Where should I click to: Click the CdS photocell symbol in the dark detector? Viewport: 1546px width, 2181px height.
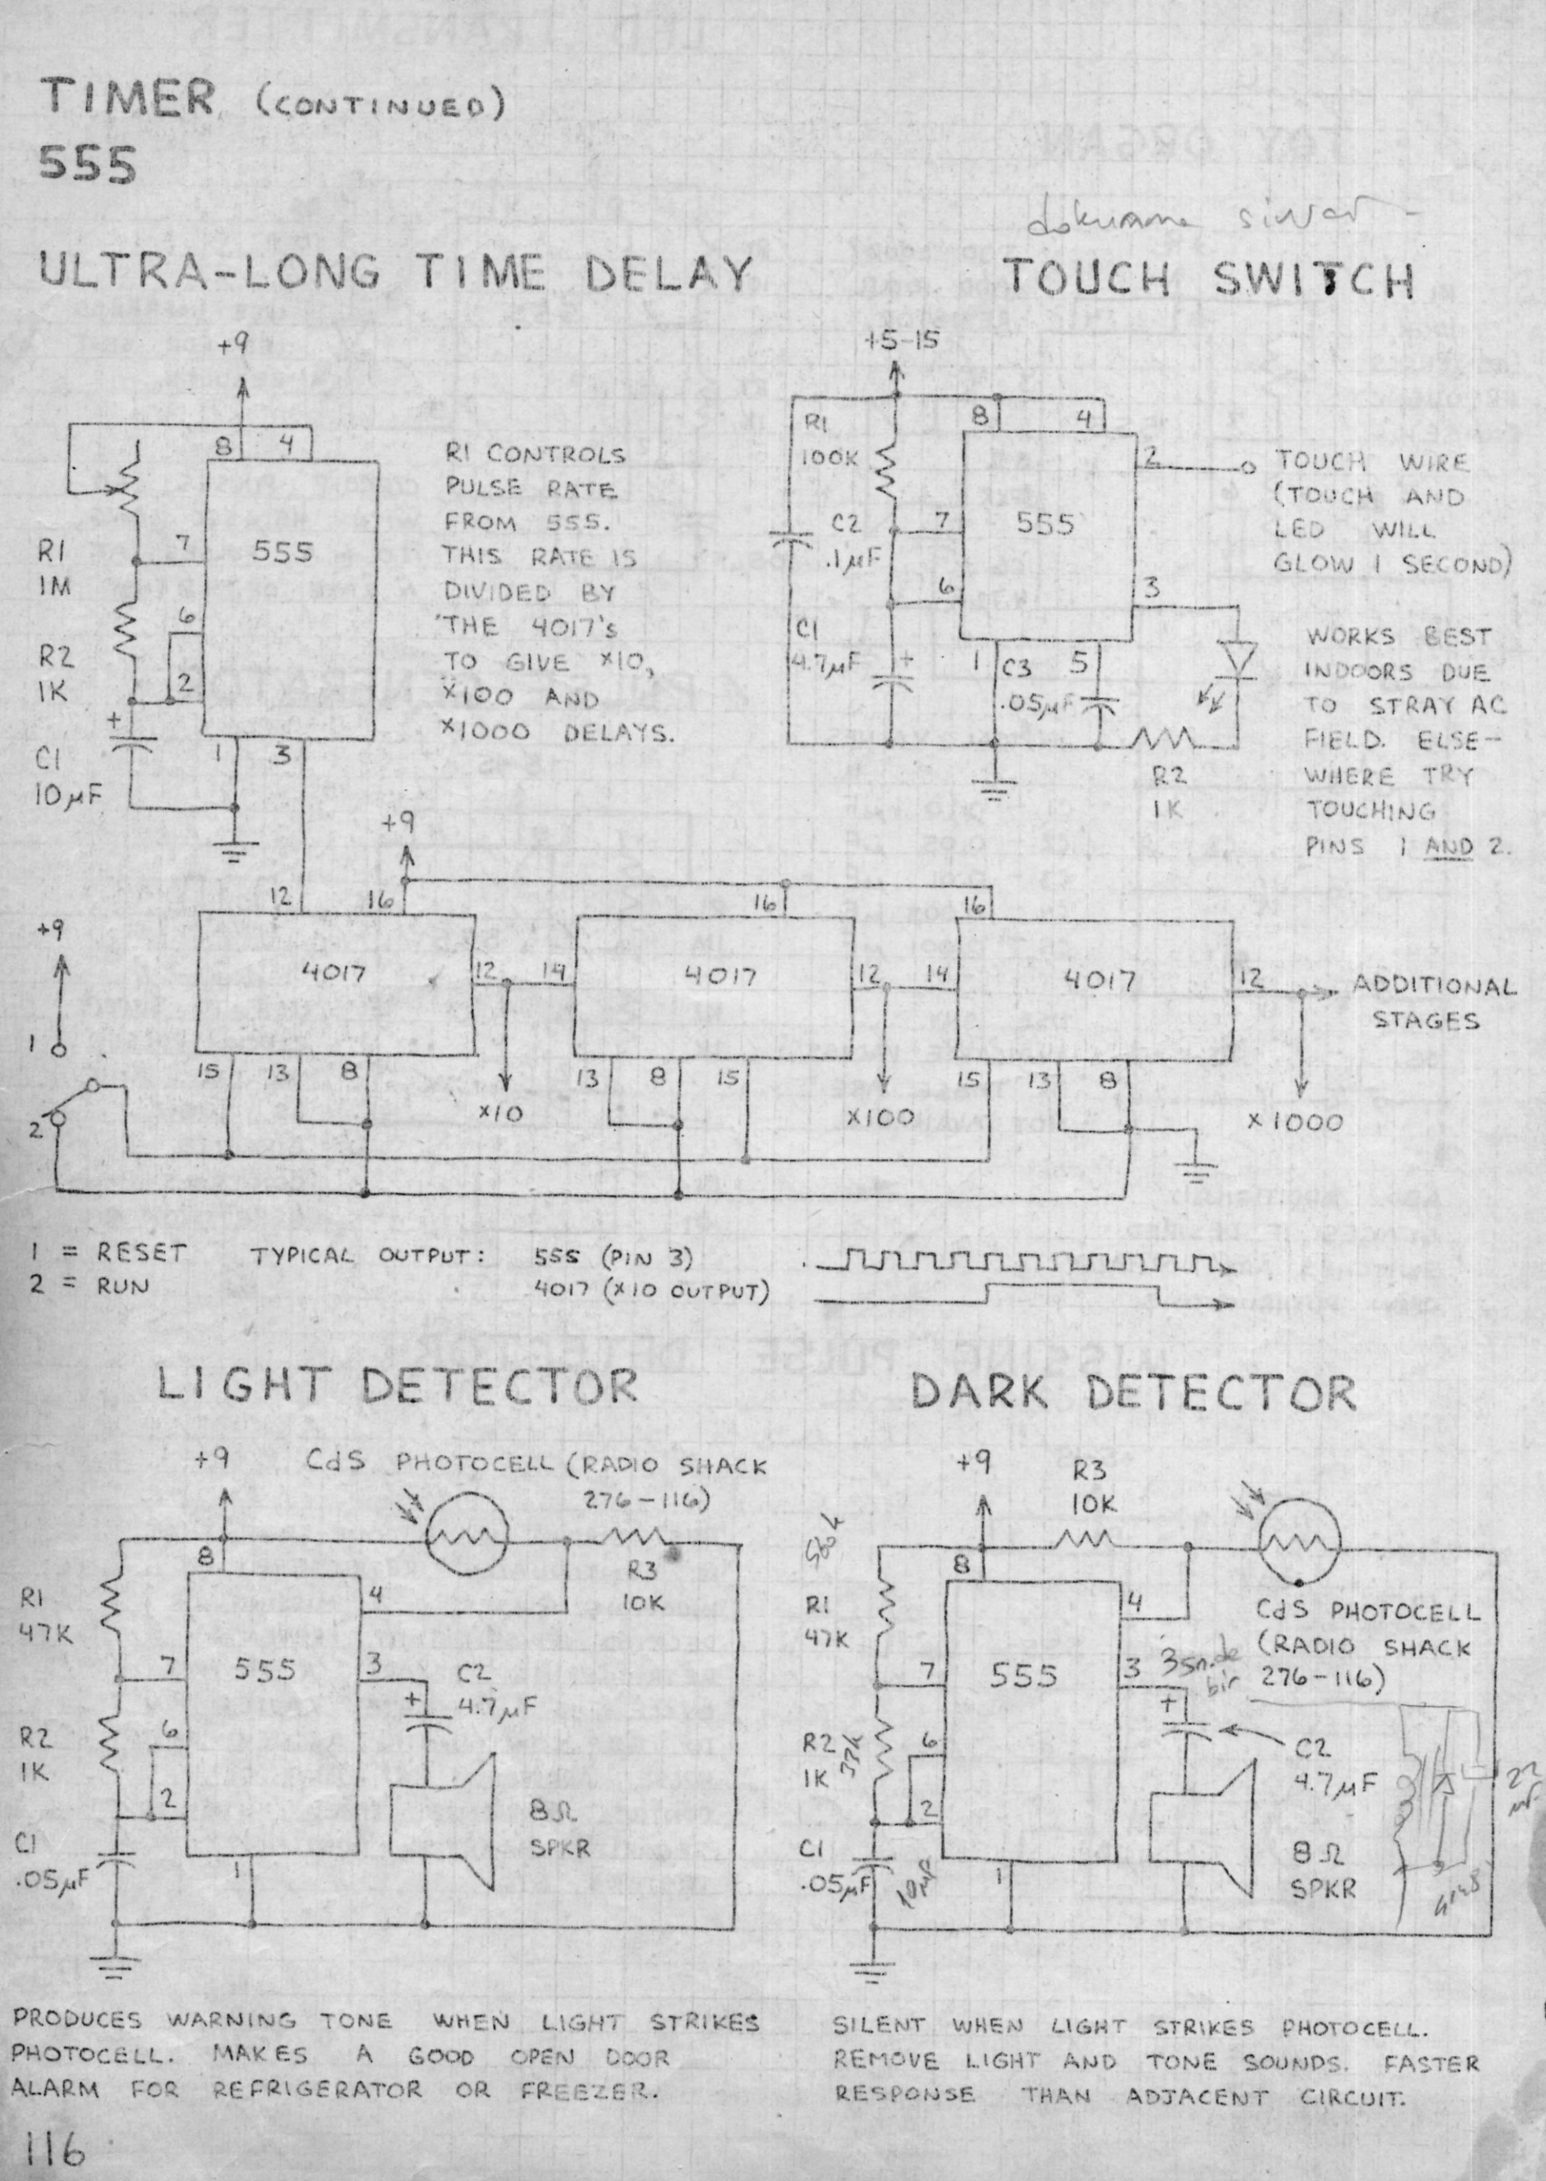(1300, 1544)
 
